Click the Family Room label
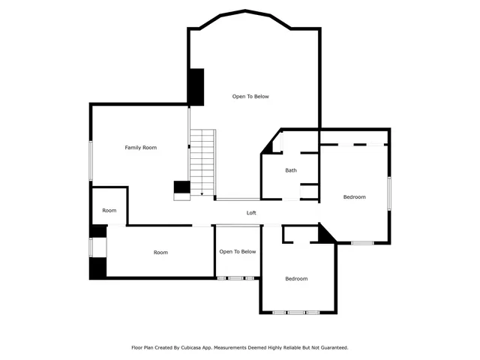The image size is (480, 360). pos(140,148)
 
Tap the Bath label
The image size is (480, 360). pos(291,170)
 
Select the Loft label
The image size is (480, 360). pos(252,213)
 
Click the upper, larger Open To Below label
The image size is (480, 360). pos(250,97)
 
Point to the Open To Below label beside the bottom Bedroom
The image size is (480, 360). pos(238,252)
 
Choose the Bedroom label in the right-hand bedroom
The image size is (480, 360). pos(354,196)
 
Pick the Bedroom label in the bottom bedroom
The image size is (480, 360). pos(296,279)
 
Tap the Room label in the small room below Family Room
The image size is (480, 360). pos(109,211)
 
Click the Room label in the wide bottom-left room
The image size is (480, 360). pos(160,253)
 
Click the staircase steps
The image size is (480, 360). pos(202,161)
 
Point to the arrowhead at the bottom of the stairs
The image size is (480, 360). pos(202,194)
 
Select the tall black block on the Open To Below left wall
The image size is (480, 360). pos(196,87)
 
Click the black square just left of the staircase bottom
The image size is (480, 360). pos(181,187)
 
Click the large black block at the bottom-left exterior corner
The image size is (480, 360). pos(97,268)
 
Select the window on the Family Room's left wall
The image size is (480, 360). pos(91,159)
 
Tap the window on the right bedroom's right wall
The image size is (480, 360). pos(389,193)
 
